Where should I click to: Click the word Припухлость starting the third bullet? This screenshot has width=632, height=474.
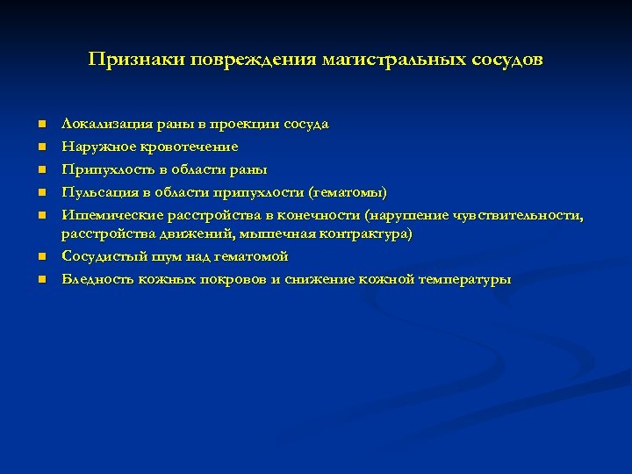coord(104,169)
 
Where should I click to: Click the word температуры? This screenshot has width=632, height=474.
coord(464,279)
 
